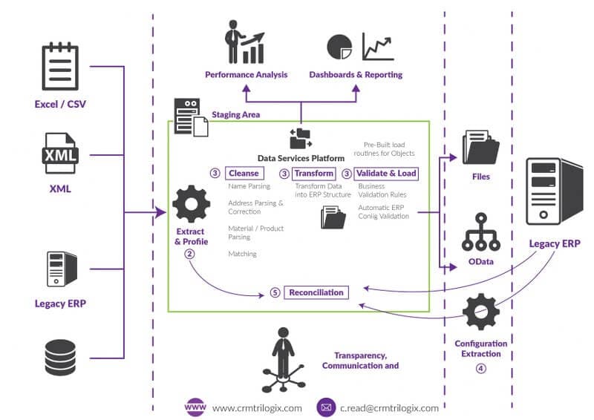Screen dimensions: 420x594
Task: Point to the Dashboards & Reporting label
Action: [356, 75]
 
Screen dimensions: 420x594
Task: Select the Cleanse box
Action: [244, 174]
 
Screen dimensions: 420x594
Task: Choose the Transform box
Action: [314, 174]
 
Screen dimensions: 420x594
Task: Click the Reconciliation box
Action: [316, 292]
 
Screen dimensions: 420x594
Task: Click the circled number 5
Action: [275, 293]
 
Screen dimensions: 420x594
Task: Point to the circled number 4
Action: [481, 368]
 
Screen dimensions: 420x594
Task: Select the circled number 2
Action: [190, 254]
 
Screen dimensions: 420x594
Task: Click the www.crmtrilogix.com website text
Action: [257, 407]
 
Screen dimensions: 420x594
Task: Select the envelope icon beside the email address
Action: [325, 407]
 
